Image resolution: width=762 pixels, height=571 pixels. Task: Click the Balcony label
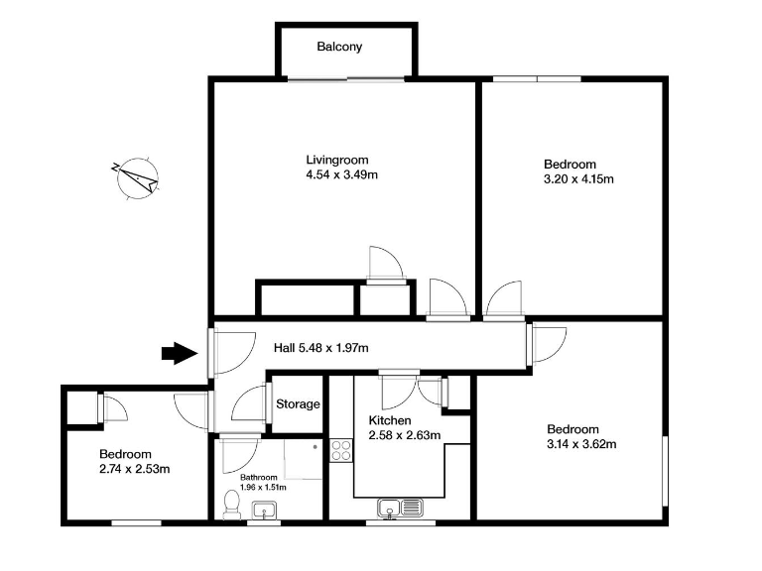coord(339,47)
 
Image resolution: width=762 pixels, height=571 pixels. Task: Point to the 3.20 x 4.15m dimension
coord(578,179)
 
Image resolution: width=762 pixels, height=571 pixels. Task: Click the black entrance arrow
coord(180,352)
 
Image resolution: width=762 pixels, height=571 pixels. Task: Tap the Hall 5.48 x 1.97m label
coord(321,348)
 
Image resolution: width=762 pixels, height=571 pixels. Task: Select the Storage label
coord(298,404)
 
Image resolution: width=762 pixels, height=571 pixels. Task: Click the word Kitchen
coord(389,419)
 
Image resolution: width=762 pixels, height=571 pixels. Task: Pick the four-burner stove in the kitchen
coord(340,451)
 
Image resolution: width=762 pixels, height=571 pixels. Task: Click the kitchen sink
coord(400,509)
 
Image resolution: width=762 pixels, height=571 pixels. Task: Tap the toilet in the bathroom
coord(231,504)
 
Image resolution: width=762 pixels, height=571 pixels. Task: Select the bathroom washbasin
coord(264,511)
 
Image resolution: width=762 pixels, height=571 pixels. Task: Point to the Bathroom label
coord(259,477)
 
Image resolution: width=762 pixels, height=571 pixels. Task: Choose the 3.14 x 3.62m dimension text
coord(582,444)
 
